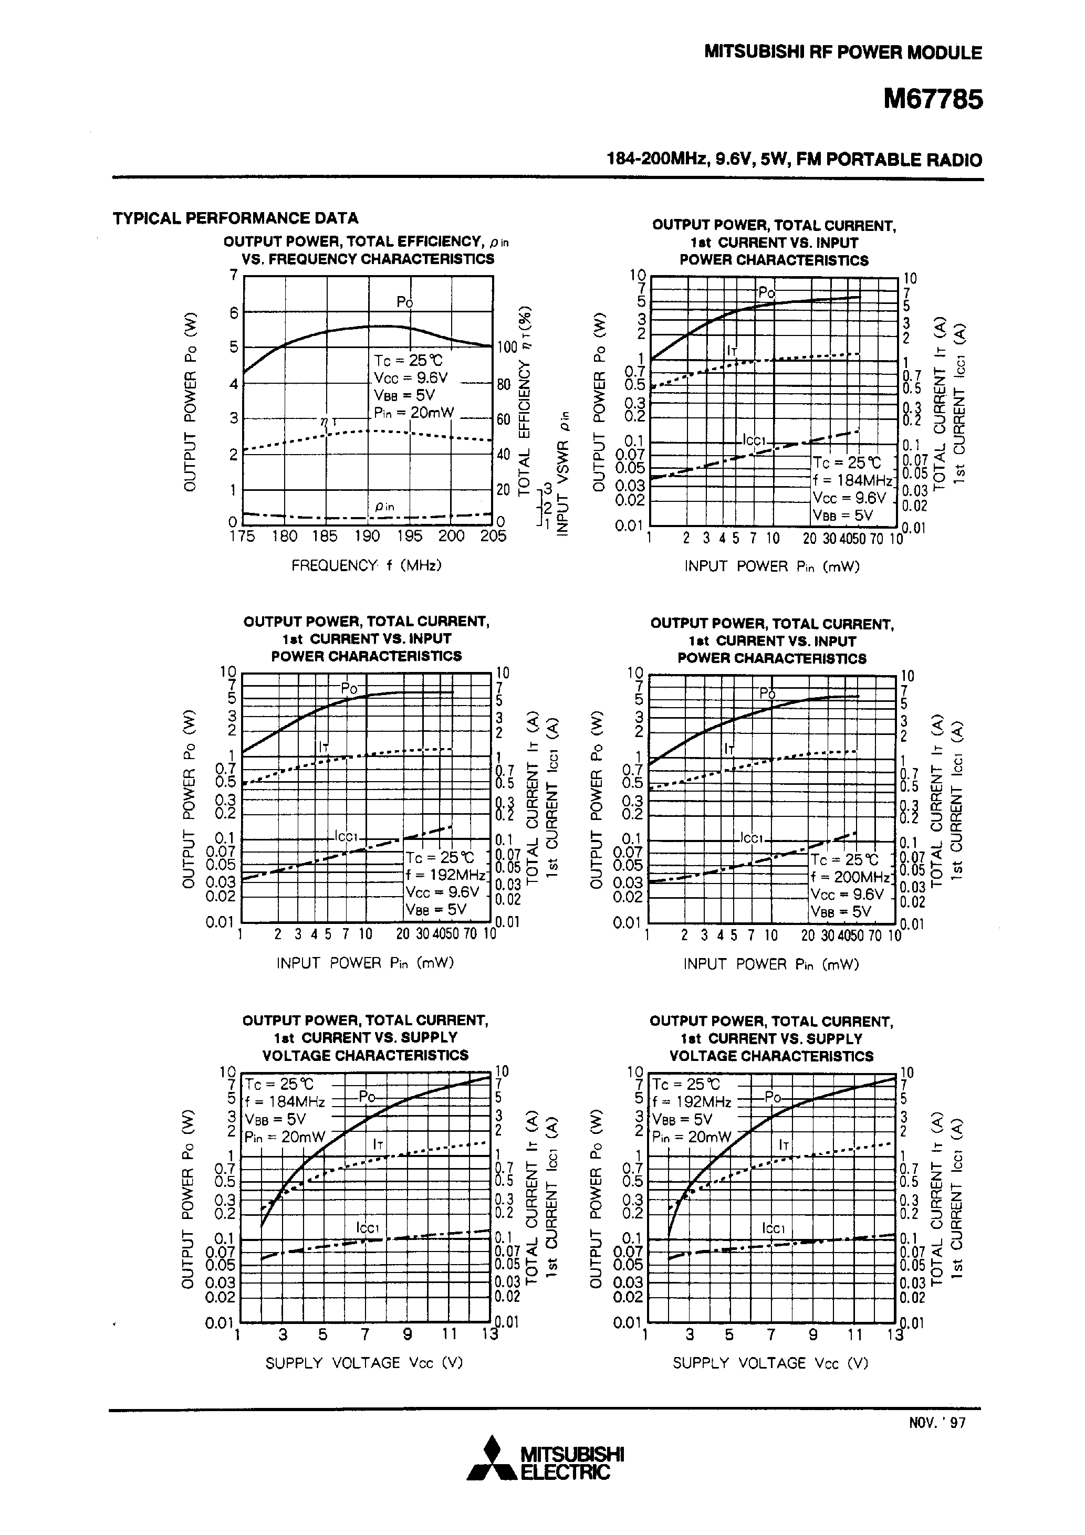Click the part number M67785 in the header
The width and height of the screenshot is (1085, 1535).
click(933, 100)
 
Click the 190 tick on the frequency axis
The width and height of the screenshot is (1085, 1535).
click(367, 536)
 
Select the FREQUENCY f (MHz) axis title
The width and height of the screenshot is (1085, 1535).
click(367, 565)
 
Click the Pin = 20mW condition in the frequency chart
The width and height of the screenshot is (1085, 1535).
click(413, 413)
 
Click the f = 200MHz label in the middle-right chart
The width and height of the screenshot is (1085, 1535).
click(850, 877)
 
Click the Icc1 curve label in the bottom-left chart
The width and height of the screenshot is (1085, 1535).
click(368, 1227)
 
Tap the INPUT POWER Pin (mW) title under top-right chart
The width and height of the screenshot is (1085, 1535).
click(771, 566)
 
